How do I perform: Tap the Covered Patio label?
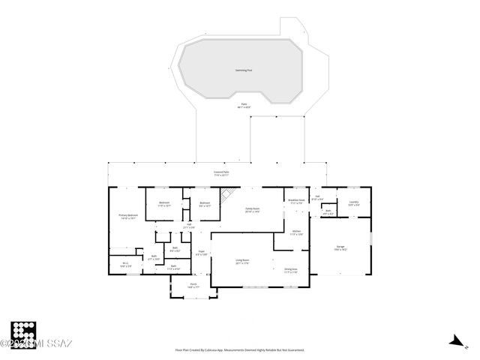(x=220, y=173)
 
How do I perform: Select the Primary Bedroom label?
(x=128, y=217)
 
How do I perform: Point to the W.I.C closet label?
(x=125, y=264)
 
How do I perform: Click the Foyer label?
(x=201, y=253)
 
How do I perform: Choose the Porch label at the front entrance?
(x=193, y=285)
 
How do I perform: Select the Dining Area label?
(x=291, y=270)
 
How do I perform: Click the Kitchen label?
(x=296, y=233)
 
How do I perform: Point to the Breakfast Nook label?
(x=296, y=201)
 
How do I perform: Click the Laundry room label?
(x=353, y=202)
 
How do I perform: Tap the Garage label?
(x=340, y=247)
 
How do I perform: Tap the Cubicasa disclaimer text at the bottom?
(x=239, y=349)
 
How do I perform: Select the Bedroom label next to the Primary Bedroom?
(x=164, y=203)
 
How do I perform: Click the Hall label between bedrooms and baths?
(x=190, y=226)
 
